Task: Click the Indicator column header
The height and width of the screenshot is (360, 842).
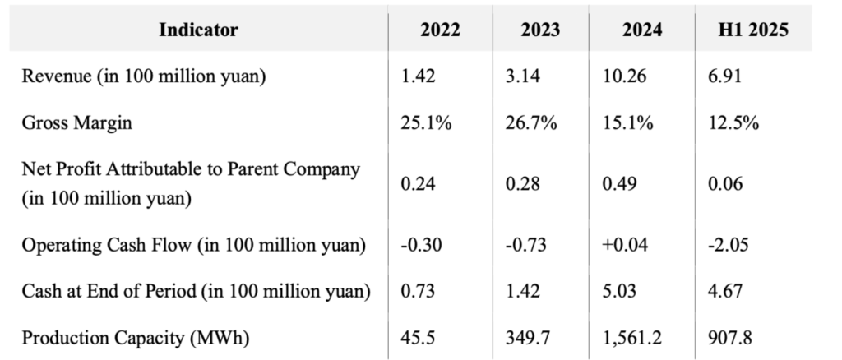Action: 198,30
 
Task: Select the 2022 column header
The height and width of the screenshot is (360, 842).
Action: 441,30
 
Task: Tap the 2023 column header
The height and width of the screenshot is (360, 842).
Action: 540,30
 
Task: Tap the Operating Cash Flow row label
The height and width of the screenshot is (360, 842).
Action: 193,244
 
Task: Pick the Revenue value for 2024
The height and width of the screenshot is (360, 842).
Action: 627,77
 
